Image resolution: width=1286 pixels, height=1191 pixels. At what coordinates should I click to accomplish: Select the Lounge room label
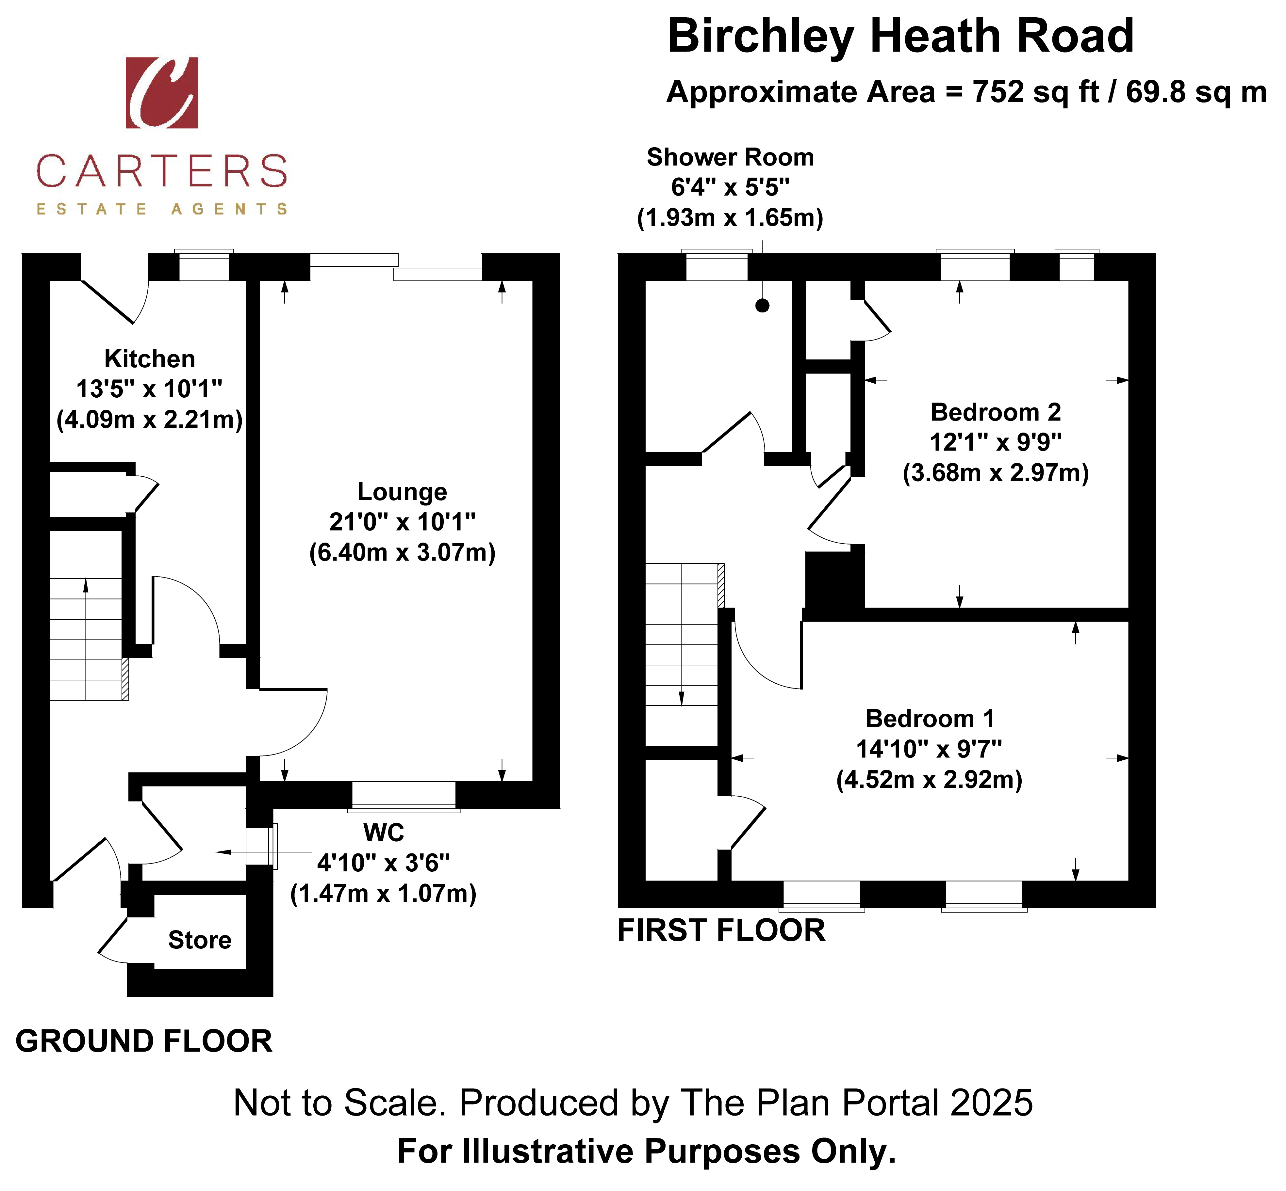(403, 492)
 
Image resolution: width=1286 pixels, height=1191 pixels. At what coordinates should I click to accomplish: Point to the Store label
(200, 940)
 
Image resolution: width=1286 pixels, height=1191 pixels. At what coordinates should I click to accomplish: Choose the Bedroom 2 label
(996, 412)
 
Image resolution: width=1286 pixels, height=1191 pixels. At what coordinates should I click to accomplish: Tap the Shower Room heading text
(730, 157)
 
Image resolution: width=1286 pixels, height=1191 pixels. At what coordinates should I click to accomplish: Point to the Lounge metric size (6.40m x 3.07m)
(403, 552)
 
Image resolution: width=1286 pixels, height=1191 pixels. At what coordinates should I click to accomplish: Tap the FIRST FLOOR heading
(721, 930)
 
